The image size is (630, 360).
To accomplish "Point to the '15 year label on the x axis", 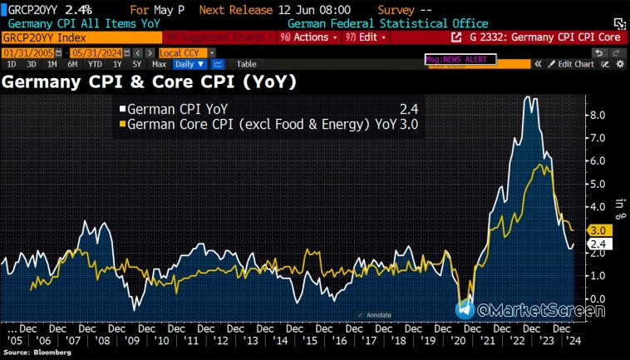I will tap(308, 341).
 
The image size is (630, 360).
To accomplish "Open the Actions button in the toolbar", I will tap(308, 37).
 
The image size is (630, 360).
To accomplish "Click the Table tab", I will tap(246, 64).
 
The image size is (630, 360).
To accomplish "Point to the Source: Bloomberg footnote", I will tap(35, 353).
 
